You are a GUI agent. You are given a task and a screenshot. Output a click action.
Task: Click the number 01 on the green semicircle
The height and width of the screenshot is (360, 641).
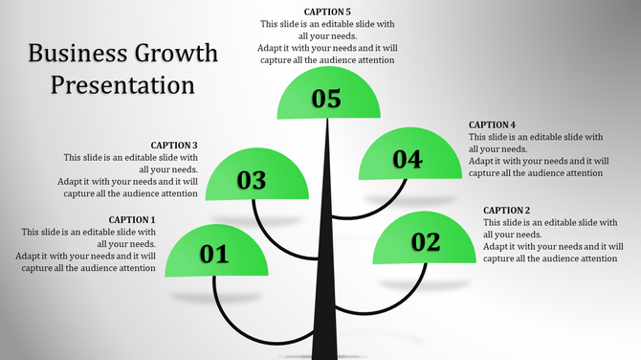214,254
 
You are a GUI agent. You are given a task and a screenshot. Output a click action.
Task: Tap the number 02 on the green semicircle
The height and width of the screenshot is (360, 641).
425,242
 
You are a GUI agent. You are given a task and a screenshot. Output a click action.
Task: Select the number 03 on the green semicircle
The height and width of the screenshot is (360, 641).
252,180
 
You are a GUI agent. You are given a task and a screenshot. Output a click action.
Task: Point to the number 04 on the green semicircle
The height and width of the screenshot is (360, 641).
407,160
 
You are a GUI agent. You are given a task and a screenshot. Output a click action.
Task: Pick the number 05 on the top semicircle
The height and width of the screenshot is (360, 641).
326,98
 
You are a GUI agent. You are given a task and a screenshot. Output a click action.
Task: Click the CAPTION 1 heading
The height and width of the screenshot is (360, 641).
132,219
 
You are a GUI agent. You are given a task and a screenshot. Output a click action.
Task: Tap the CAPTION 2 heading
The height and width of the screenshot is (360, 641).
506,210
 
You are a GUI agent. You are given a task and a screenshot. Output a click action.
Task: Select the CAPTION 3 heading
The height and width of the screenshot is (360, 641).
174,146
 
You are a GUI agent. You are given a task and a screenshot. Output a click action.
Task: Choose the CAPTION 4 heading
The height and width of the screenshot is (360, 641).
492,124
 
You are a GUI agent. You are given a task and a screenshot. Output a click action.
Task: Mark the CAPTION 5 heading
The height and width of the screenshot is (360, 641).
326,11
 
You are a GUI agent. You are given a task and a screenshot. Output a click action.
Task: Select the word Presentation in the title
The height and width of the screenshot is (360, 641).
122,84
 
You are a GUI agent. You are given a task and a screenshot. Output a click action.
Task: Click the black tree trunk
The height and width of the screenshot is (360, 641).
328,268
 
